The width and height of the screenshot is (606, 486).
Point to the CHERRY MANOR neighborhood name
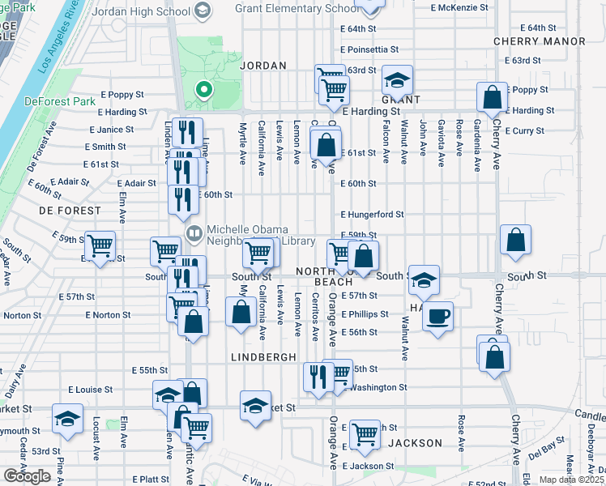(540, 41)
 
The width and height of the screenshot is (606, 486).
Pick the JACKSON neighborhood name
(415, 443)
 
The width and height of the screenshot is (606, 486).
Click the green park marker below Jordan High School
(204, 91)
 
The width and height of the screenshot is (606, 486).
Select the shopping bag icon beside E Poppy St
(492, 98)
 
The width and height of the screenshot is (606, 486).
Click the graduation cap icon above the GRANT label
(398, 80)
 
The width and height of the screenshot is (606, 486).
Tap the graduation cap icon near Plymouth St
(67, 419)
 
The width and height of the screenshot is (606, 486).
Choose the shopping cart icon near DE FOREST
(100, 245)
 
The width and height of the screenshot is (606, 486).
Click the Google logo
(27, 476)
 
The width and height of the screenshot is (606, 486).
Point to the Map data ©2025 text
(572, 480)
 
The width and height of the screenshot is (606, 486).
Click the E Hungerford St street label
(372, 215)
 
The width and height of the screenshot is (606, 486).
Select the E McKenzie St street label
(460, 6)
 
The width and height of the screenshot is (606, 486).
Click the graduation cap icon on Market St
(255, 405)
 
